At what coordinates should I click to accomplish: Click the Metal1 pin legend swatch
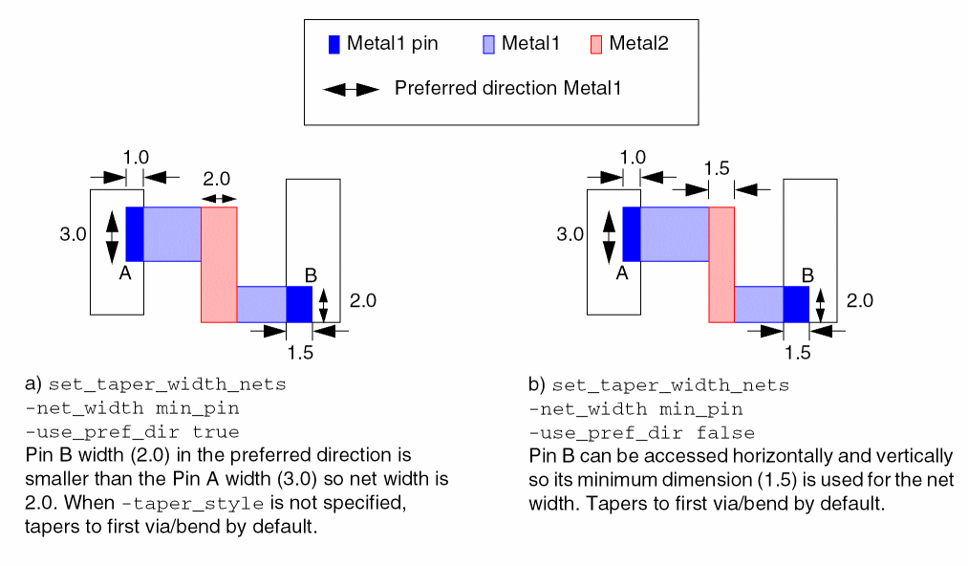333,44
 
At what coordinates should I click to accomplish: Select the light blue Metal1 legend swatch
488,44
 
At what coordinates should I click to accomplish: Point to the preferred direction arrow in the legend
351,89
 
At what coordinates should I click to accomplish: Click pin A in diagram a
134,233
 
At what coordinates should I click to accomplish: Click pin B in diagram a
299,304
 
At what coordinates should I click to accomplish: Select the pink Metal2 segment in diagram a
219,264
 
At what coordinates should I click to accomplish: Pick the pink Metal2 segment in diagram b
721,264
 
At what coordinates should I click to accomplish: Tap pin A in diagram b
631,233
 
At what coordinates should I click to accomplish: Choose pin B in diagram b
796,304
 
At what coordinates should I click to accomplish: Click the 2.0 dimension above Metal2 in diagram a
217,179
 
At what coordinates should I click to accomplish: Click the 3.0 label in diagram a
74,233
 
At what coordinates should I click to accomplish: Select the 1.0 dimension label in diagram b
633,157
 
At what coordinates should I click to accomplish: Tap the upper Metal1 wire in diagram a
172,233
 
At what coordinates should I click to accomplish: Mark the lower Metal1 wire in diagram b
759,304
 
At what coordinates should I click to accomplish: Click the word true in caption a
219,432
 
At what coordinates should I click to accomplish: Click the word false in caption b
727,432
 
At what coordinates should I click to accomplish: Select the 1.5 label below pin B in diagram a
299,353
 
